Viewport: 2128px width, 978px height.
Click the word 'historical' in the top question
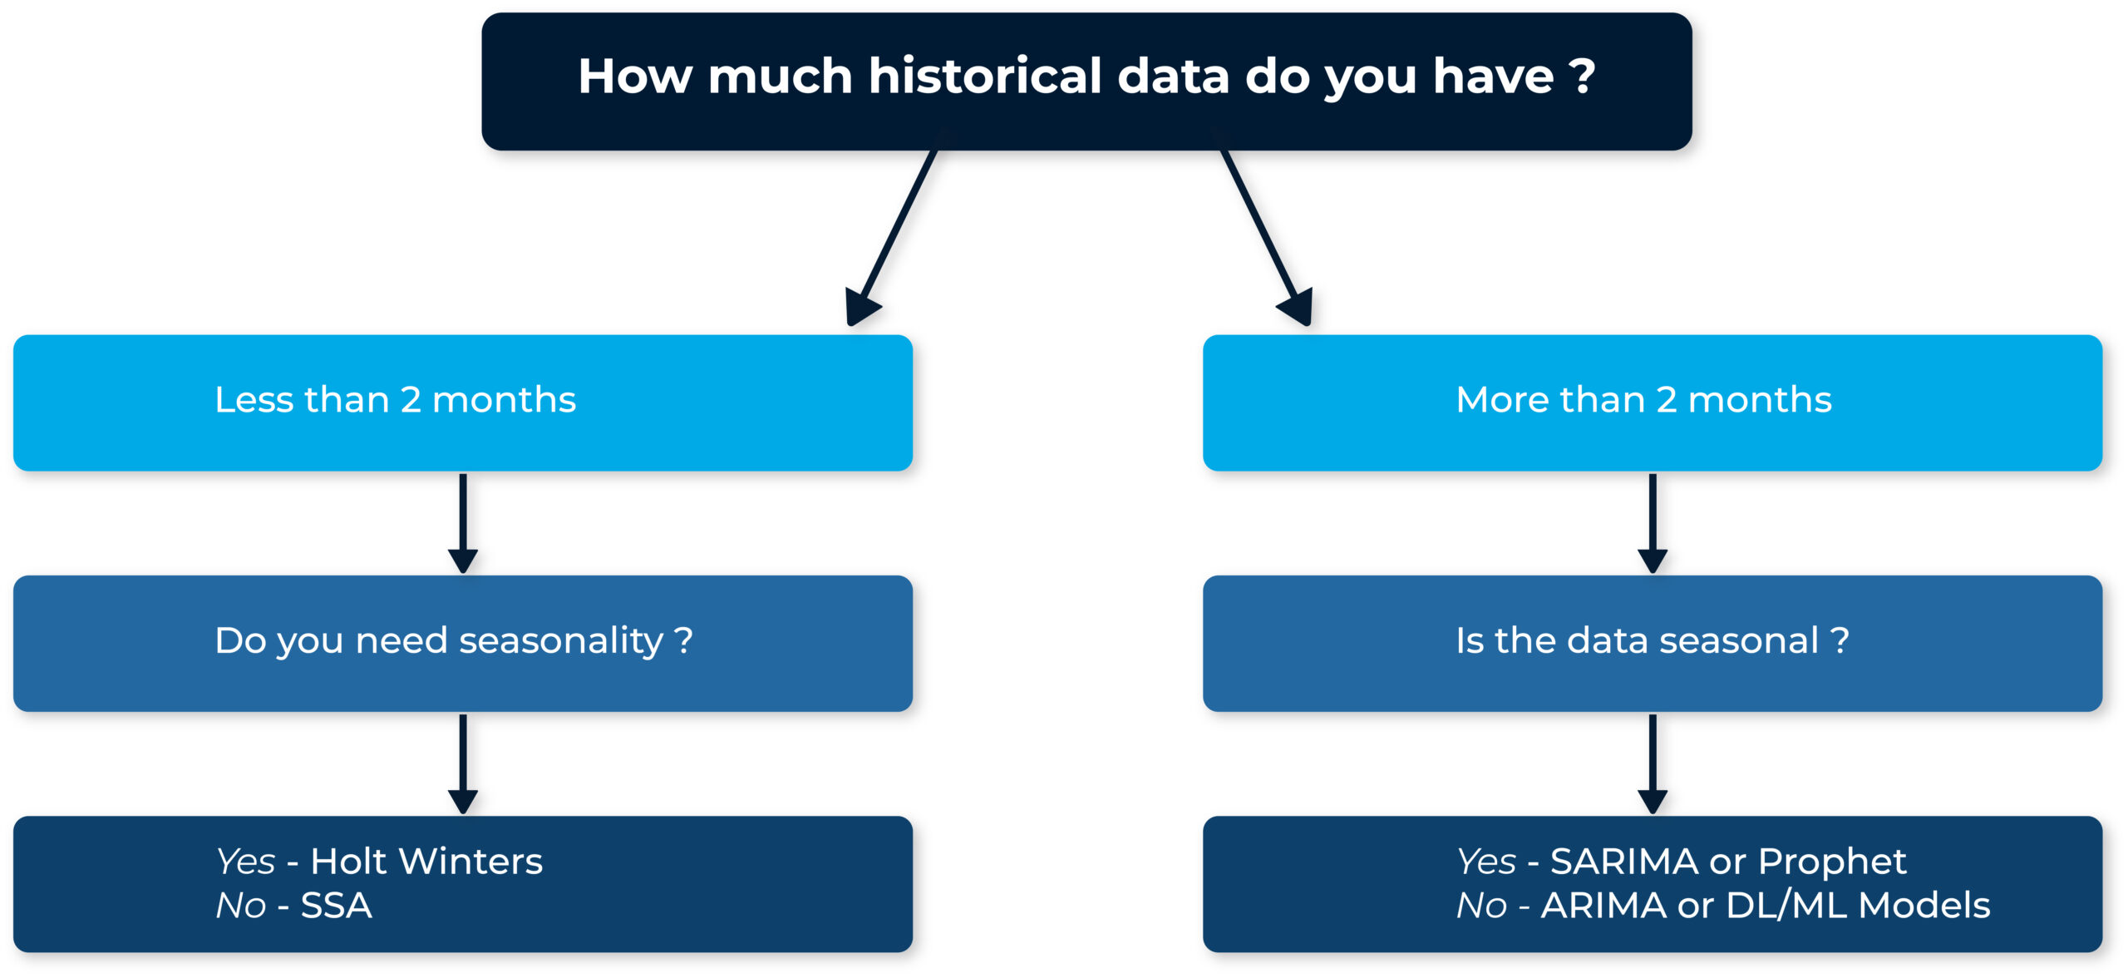(x=985, y=76)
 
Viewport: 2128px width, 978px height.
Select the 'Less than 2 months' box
(x=463, y=403)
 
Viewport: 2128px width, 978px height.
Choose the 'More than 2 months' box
(x=1653, y=403)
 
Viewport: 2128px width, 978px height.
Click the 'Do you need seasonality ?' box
(x=463, y=644)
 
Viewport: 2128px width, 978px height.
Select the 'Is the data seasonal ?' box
(x=1653, y=644)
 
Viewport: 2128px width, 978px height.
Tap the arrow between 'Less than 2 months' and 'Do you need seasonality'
(x=463, y=523)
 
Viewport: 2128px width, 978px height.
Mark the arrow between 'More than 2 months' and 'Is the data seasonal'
(x=1653, y=523)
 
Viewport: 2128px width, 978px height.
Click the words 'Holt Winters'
(x=426, y=862)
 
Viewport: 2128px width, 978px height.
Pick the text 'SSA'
(x=337, y=906)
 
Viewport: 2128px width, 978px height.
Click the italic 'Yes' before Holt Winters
(x=245, y=862)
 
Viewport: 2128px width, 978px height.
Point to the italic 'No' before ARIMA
(x=1481, y=906)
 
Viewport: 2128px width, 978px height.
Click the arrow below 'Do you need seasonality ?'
(x=463, y=763)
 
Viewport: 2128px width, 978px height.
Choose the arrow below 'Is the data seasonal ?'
(x=1653, y=763)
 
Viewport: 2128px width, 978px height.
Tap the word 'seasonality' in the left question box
(x=561, y=642)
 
